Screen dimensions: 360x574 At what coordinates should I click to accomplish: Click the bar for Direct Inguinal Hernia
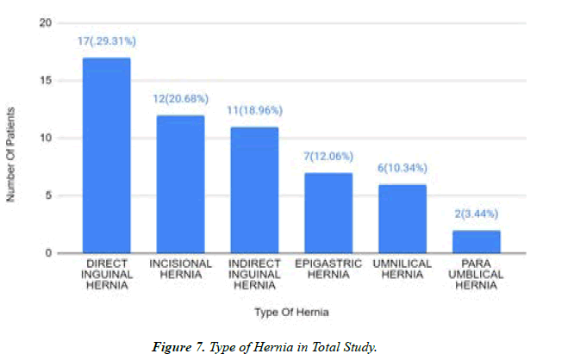[x=106, y=155]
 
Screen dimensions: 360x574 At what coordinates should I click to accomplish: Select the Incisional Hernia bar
[x=180, y=183]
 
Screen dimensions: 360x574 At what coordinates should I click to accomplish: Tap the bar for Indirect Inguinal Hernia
[x=254, y=189]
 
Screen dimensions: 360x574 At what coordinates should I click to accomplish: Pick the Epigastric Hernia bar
[x=328, y=213]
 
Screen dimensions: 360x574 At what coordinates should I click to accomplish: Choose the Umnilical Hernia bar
[x=402, y=218]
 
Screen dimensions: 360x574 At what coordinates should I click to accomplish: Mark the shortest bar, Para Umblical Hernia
[x=476, y=241]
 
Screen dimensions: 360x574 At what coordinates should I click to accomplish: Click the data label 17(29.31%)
[x=107, y=41]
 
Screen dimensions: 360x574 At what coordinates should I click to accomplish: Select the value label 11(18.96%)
[x=254, y=110]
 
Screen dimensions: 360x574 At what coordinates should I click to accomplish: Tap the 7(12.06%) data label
[x=328, y=157]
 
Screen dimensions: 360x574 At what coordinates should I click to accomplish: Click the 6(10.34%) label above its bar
[x=402, y=167]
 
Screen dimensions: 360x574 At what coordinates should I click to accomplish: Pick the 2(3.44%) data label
[x=476, y=214]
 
